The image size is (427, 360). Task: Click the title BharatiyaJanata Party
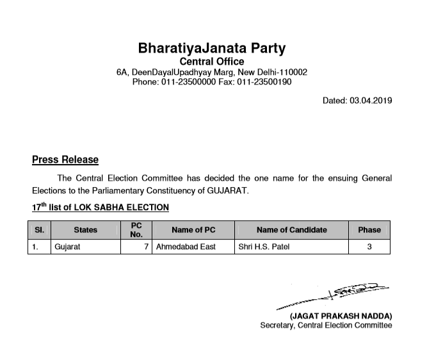(x=212, y=49)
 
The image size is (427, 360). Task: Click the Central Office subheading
(x=212, y=61)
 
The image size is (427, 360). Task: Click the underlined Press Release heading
(x=65, y=160)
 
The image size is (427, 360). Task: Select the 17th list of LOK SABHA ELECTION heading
(x=101, y=207)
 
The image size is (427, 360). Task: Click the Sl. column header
(x=39, y=230)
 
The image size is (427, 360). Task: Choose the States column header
(x=85, y=230)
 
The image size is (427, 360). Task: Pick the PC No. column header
(x=136, y=230)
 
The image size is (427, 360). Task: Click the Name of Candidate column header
(x=291, y=230)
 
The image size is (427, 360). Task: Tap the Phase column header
(x=369, y=230)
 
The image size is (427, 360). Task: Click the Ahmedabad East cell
(x=186, y=247)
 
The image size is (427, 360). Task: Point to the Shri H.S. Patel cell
(x=263, y=247)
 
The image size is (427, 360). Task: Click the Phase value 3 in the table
(x=369, y=247)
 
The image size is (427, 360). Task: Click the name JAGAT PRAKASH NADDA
(x=341, y=316)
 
